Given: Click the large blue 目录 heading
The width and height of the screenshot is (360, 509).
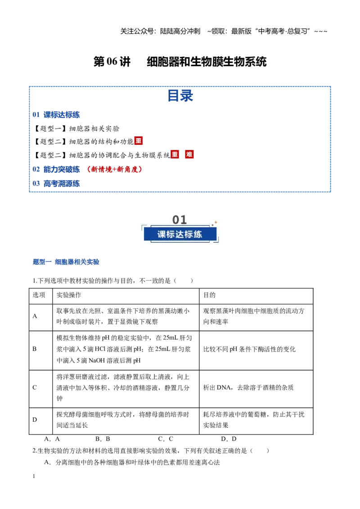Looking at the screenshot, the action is pos(180,96).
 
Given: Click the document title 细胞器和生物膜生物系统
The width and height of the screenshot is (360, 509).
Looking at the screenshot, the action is pos(207,62).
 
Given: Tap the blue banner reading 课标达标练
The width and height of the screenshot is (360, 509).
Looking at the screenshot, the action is pos(180,234).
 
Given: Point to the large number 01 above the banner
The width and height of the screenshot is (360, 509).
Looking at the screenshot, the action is pos(180,220).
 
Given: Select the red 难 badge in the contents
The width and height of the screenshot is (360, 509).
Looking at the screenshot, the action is pos(189,154).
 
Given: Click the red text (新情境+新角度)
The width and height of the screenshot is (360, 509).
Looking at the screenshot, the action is pos(114,169).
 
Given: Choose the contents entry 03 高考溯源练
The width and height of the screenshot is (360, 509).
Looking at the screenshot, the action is pos(56,183).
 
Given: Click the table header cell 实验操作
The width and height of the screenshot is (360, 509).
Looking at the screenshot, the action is pos(69,295).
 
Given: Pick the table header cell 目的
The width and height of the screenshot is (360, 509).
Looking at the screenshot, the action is pos(209,295).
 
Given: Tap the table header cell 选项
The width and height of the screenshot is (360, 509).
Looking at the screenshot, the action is pos(39,295).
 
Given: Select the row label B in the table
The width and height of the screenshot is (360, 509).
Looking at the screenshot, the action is pos(35,349).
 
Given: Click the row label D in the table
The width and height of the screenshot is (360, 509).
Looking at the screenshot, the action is pos(35,420).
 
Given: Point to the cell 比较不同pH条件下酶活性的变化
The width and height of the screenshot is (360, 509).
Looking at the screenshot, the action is pos(249,349).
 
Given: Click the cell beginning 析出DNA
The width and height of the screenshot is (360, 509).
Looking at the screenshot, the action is pos(248,387).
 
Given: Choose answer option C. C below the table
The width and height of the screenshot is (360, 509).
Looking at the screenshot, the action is pos(166,439).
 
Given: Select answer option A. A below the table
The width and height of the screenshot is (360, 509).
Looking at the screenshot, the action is pos(52,439).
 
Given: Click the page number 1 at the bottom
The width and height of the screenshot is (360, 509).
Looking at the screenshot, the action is pos(34,476).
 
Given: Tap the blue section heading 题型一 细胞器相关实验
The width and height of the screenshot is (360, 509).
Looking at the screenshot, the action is pos(66,262).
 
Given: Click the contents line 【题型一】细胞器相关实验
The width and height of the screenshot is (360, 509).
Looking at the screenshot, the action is pos(76,129).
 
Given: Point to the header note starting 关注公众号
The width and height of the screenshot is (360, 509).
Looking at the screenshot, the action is pos(224,31).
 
